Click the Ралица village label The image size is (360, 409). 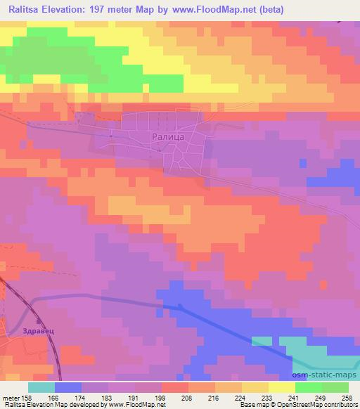(x=168, y=138)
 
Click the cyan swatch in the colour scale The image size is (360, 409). (x=41, y=387)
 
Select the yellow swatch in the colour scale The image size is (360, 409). (x=282, y=387)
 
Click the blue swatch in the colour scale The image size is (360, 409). (x=68, y=387)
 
